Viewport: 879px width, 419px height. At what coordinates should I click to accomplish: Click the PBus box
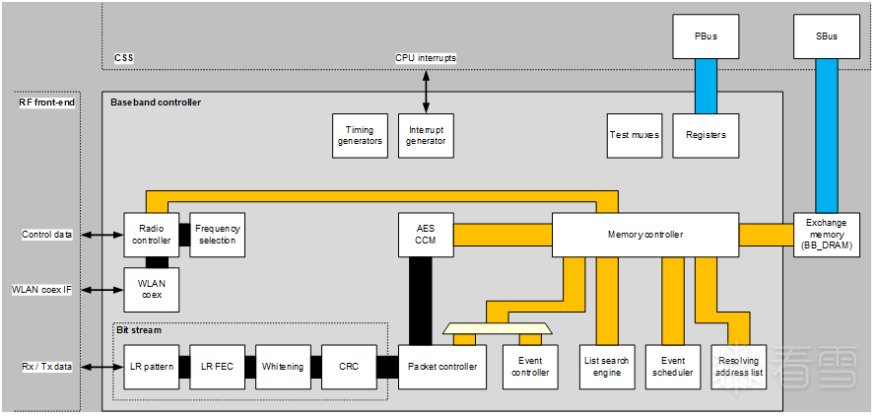707,36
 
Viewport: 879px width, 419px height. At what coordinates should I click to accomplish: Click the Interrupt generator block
426,135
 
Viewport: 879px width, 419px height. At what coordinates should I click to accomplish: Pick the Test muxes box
634,135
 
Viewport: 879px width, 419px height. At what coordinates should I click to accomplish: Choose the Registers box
706,135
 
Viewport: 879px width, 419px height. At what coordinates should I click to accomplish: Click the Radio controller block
150,235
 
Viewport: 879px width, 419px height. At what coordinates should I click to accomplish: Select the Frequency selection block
217,235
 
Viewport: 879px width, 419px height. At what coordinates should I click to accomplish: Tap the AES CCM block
426,235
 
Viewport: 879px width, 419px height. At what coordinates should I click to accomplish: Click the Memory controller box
644,235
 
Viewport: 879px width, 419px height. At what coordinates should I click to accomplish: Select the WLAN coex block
150,289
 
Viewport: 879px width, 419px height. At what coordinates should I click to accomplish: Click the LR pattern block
151,367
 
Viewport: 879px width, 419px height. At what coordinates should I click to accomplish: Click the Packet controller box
442,367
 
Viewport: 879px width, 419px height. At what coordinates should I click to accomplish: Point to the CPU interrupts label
426,58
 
